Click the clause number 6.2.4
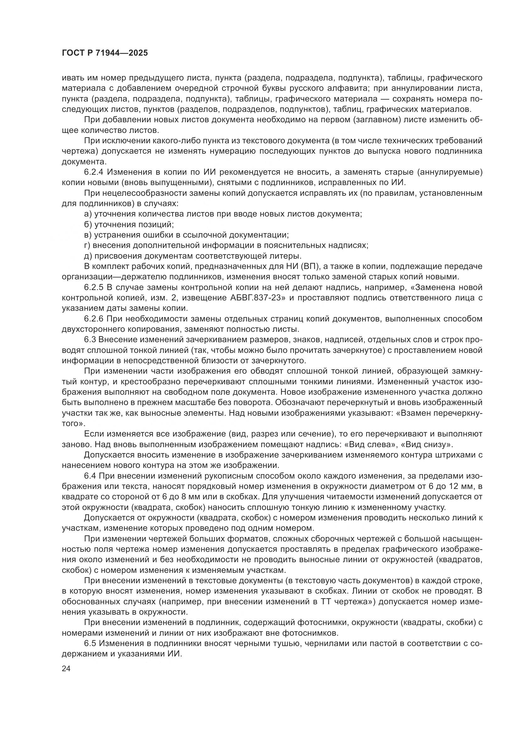click(x=93, y=172)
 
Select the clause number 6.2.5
click(x=93, y=288)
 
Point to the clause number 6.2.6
click(x=93, y=319)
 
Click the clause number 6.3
click(x=90, y=340)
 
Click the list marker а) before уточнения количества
click(x=88, y=214)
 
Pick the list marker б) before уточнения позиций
click(x=88, y=224)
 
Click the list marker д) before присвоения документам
click(x=88, y=256)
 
